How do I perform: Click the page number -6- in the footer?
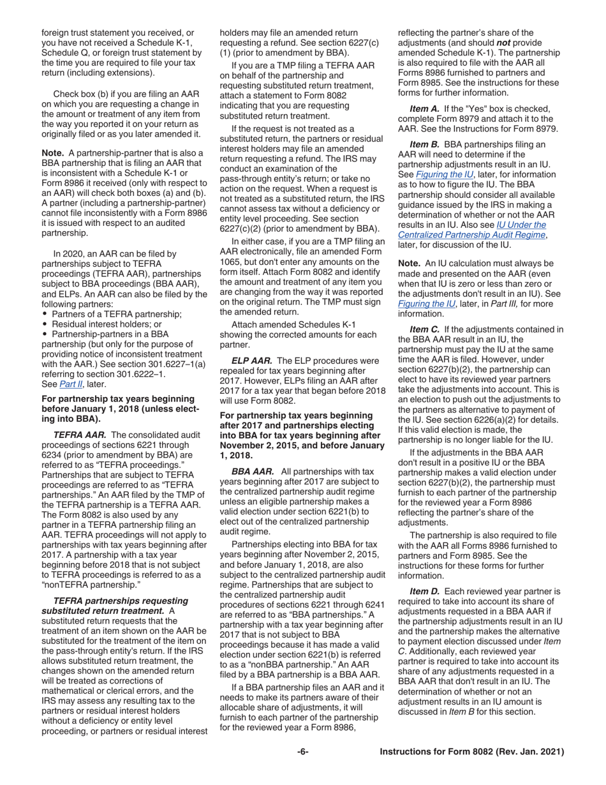coord(302,752)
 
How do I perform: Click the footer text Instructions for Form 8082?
coord(471,752)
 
